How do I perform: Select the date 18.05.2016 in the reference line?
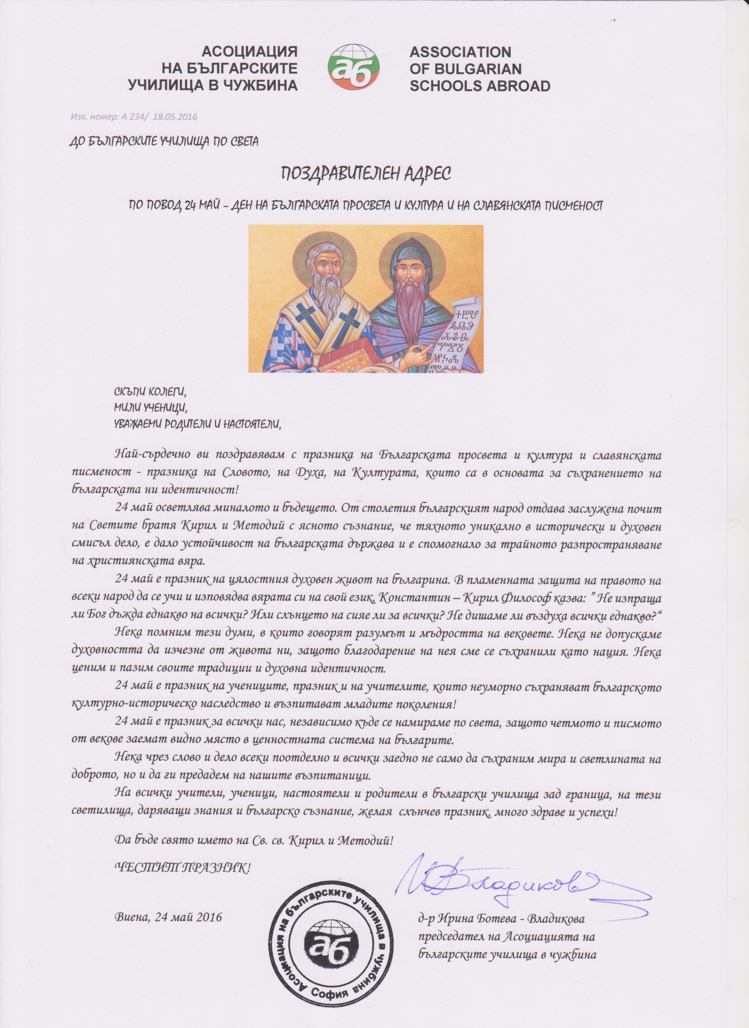point(175,117)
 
